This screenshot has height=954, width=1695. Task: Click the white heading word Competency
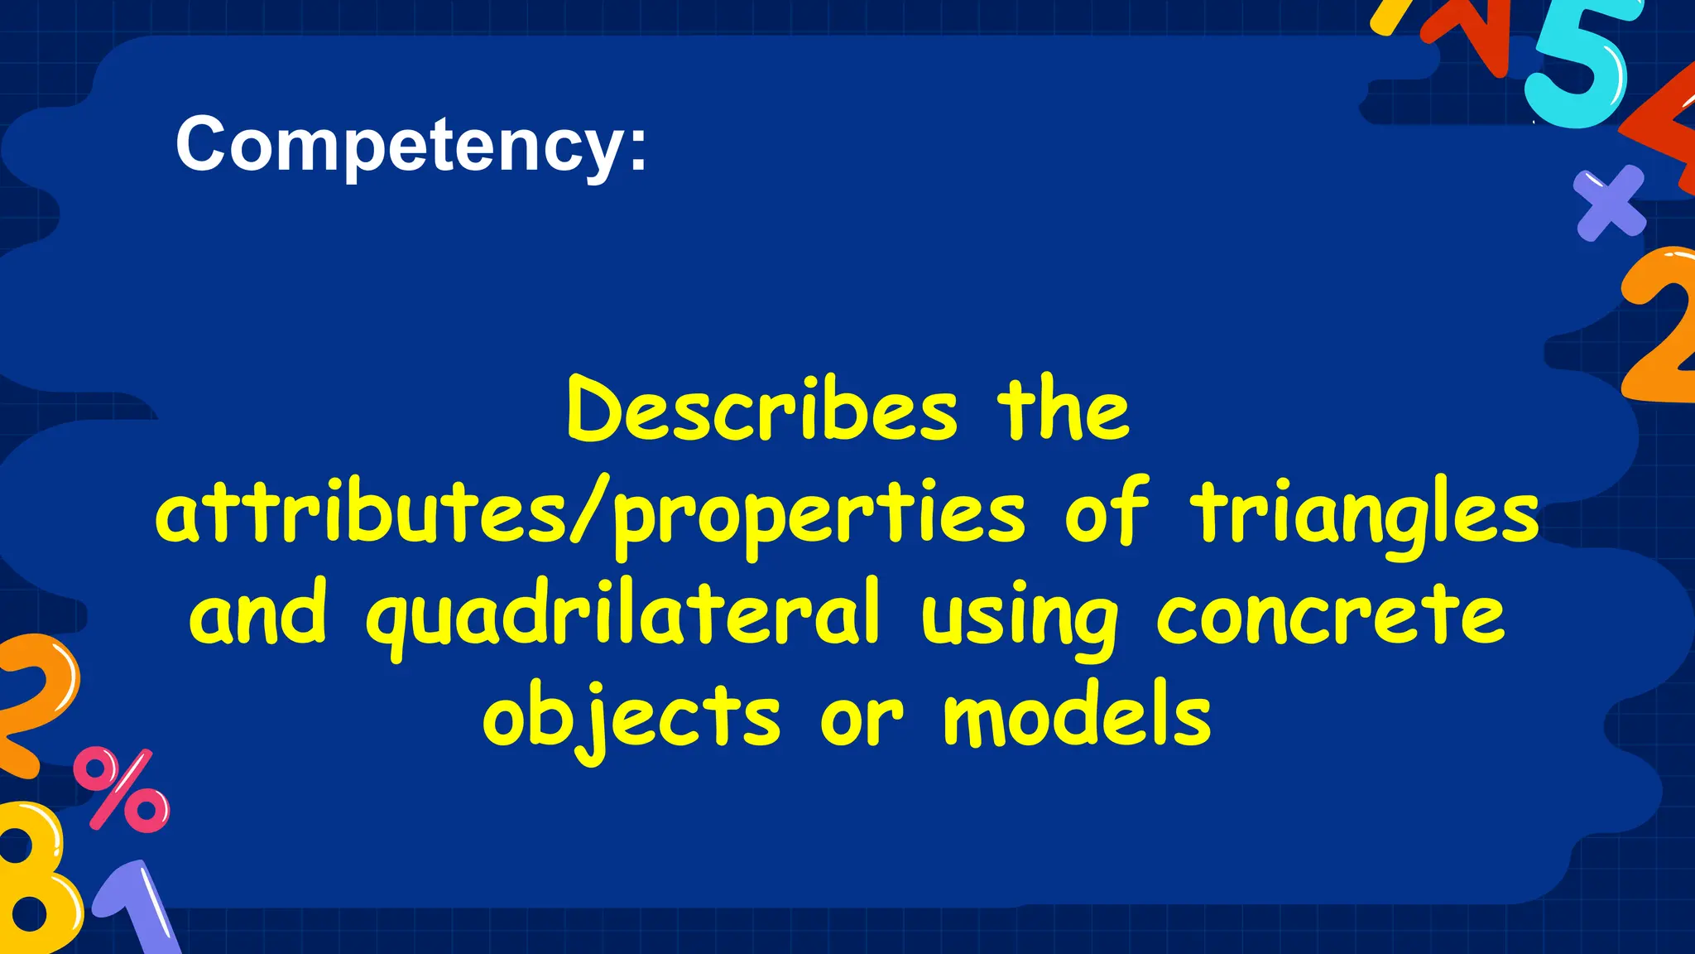click(x=411, y=145)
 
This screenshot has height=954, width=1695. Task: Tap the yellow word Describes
click(x=762, y=410)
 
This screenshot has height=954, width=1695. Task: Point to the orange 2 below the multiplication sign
click(x=1659, y=327)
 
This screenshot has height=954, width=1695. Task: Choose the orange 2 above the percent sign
click(x=33, y=704)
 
